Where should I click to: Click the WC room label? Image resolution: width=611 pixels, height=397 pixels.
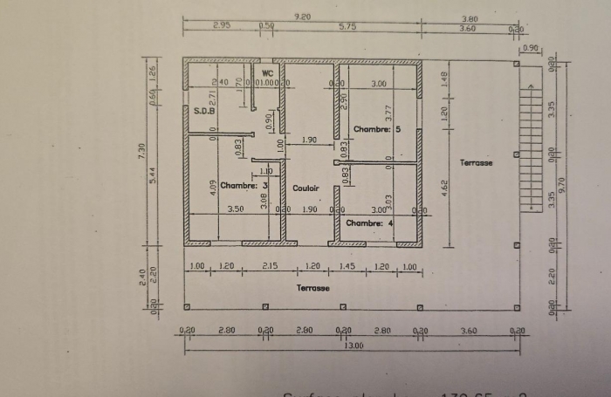pyautogui.click(x=268, y=72)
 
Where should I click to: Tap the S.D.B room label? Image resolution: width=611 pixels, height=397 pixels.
pyautogui.click(x=203, y=112)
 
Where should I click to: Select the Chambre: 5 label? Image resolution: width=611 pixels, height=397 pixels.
pyautogui.click(x=376, y=129)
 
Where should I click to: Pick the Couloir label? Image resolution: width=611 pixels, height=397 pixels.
pyautogui.click(x=305, y=188)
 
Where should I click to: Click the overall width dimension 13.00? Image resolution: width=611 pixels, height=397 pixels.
pyautogui.click(x=353, y=346)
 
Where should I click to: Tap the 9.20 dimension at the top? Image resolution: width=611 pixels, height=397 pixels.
pyautogui.click(x=303, y=17)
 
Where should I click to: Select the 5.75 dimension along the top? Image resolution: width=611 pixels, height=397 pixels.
pyautogui.click(x=347, y=27)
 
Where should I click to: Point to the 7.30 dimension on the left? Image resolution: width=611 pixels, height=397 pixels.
pyautogui.click(x=142, y=151)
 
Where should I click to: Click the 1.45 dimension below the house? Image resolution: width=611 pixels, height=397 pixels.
pyautogui.click(x=346, y=265)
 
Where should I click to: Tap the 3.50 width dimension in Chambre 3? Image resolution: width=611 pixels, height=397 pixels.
pyautogui.click(x=235, y=209)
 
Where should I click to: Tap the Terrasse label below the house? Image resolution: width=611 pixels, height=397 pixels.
pyautogui.click(x=312, y=287)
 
